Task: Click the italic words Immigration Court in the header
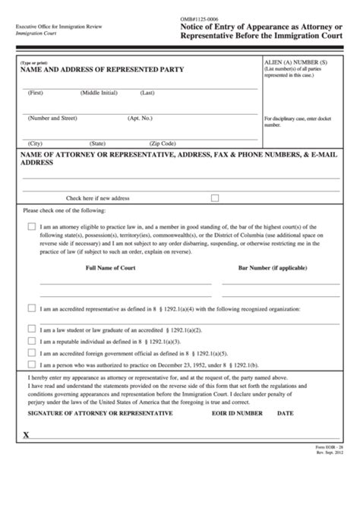point(39,34)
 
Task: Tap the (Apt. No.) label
point(141,118)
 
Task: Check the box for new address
point(214,197)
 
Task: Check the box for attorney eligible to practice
point(31,226)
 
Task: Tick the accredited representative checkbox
point(31,308)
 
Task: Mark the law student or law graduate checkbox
point(31,329)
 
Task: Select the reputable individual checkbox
point(31,341)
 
